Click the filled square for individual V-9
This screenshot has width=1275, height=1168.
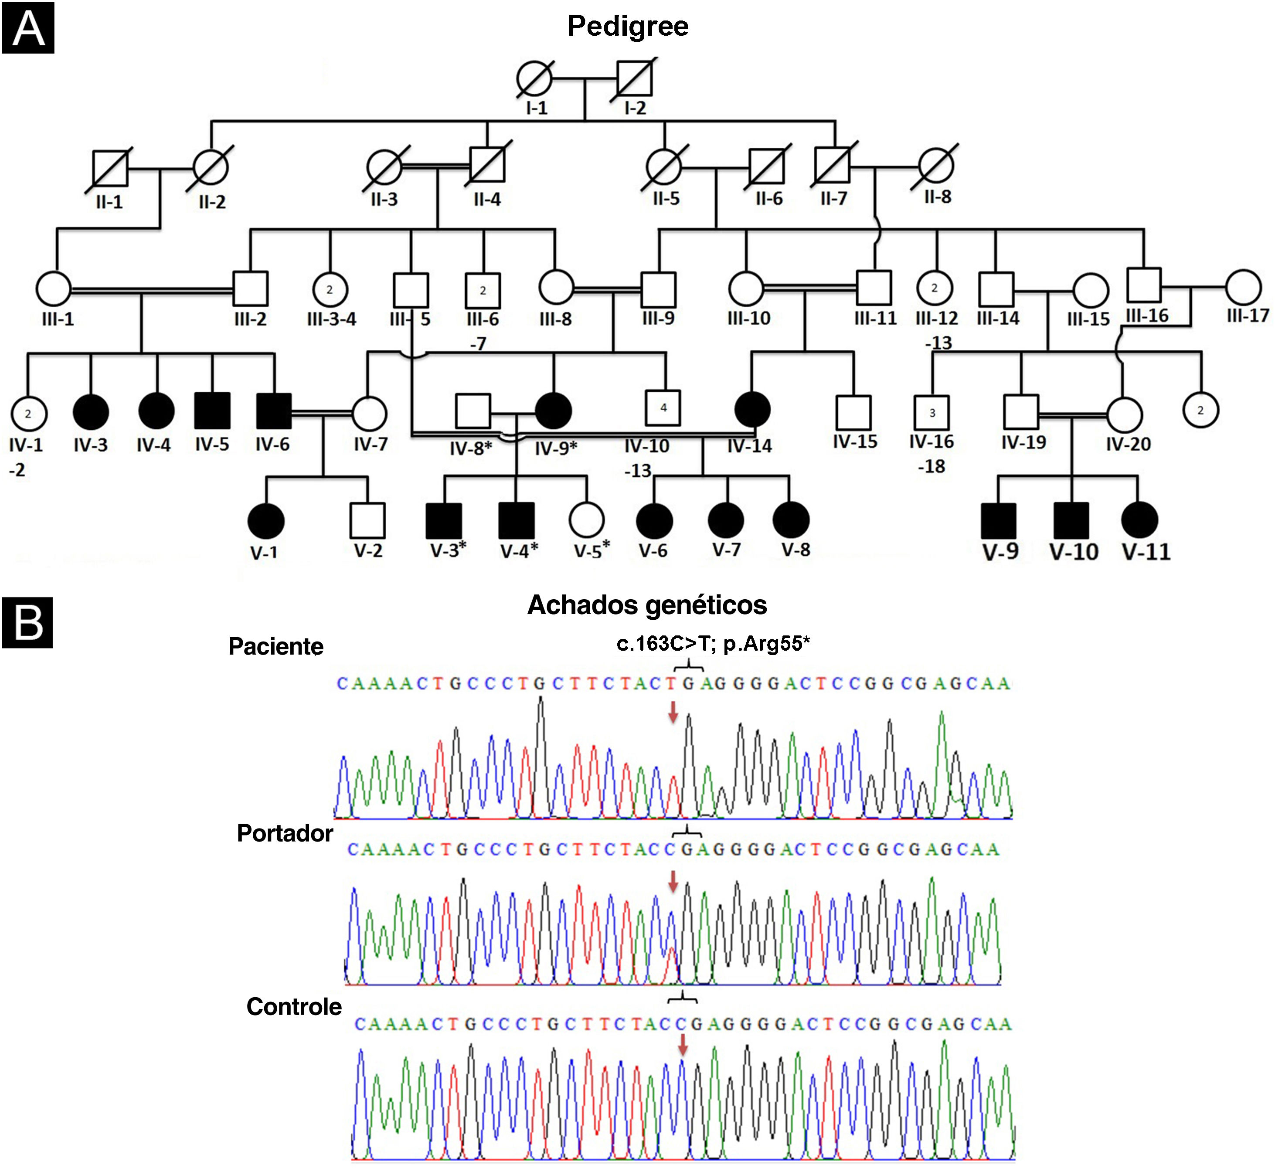(x=999, y=521)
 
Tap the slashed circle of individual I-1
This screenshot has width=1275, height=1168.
(x=534, y=79)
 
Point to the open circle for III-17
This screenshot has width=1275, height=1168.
(x=1243, y=287)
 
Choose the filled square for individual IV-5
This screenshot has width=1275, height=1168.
(x=213, y=411)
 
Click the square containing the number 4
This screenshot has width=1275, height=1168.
(x=663, y=408)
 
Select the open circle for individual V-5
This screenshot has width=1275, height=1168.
(x=587, y=520)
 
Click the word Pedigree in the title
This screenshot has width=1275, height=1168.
(x=628, y=26)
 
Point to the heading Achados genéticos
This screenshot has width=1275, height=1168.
(x=647, y=604)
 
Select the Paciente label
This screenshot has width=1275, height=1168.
(x=276, y=646)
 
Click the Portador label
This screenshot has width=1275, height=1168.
(x=285, y=833)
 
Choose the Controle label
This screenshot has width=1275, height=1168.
(x=294, y=1006)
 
